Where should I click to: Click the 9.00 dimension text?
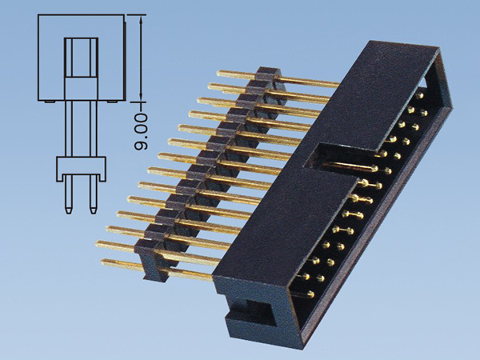(x=141, y=132)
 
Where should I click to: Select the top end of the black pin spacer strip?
(x=268, y=74)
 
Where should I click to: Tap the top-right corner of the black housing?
(x=438, y=50)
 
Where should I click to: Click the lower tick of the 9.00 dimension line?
(x=141, y=103)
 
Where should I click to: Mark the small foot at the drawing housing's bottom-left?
(x=49, y=102)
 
